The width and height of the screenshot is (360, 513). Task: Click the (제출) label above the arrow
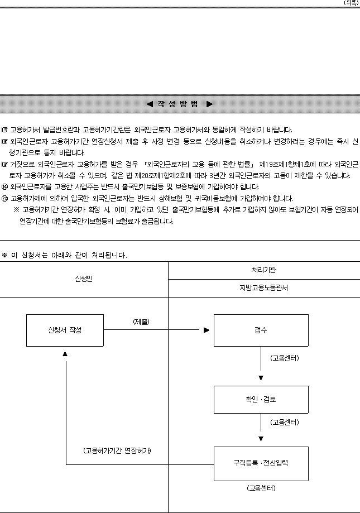point(141,322)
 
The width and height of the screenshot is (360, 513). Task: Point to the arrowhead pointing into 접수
point(207,330)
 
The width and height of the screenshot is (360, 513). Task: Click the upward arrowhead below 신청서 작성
point(65,354)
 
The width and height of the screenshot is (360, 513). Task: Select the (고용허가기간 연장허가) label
point(117,451)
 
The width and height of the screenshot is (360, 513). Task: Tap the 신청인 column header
point(84,279)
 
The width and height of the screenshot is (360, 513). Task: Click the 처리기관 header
point(263,270)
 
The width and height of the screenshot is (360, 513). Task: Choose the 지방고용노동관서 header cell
point(263,288)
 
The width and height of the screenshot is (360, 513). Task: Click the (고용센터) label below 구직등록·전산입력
point(261,488)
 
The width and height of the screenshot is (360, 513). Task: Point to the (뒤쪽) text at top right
point(351,3)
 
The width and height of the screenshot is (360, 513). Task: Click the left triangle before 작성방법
point(150,104)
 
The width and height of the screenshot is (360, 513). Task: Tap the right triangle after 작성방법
point(210,104)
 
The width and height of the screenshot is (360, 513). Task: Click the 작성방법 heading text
point(178,104)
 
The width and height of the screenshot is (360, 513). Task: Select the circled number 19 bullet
point(4,187)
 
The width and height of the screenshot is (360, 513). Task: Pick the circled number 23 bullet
point(4,199)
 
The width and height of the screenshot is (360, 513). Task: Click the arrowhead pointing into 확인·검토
point(261,378)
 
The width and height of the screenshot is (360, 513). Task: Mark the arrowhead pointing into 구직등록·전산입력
point(261,439)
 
